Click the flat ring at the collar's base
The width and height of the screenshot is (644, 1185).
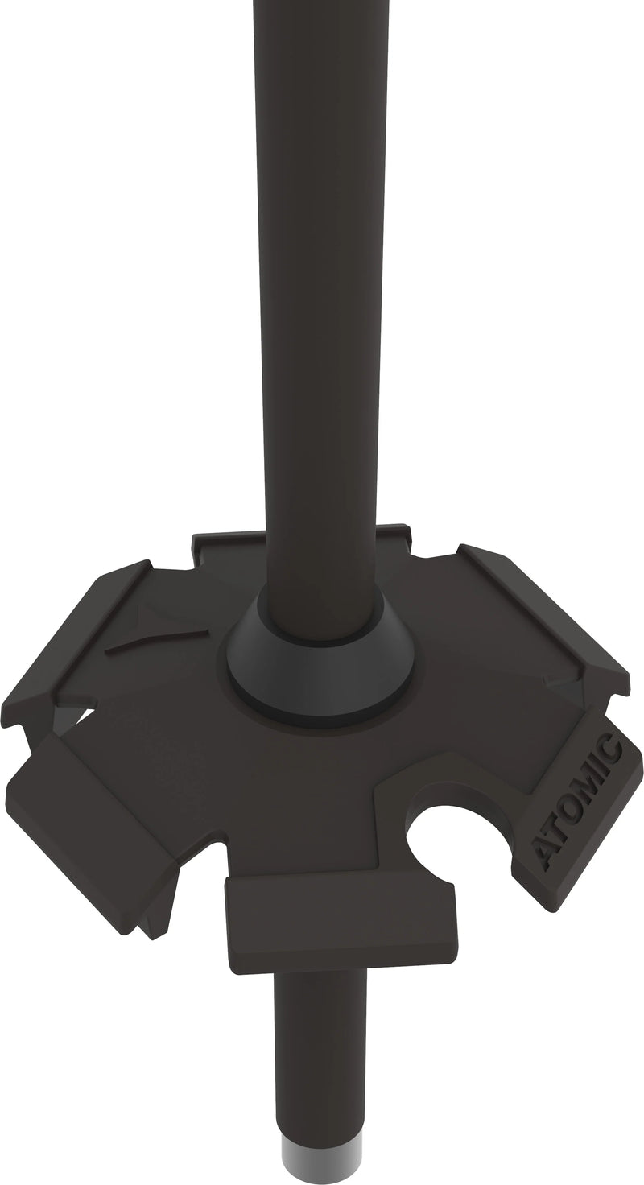[x=322, y=700]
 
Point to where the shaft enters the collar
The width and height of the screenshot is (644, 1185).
[x=322, y=596]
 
